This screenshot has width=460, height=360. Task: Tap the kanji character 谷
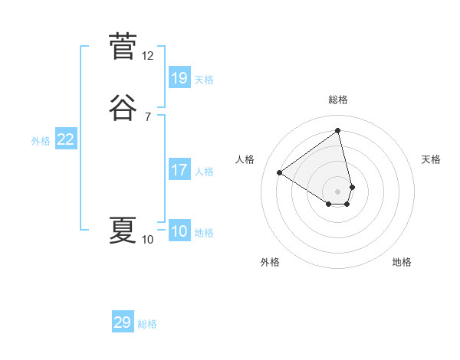[x=123, y=107]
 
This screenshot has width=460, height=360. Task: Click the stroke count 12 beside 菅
[x=148, y=56]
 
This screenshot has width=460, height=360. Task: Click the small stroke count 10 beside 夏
[x=148, y=240]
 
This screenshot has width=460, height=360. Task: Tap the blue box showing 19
[x=179, y=78]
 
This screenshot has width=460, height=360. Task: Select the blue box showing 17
[x=179, y=170]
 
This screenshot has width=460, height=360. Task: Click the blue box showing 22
[x=66, y=139]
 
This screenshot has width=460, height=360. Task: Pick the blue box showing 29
[x=123, y=322]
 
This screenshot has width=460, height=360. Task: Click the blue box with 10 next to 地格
[x=179, y=231]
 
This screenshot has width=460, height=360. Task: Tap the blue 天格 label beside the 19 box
[x=204, y=80]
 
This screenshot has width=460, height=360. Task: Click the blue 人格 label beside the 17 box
[x=204, y=172]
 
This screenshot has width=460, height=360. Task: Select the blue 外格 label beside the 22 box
[x=41, y=141]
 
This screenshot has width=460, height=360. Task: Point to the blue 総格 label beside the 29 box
[x=147, y=324]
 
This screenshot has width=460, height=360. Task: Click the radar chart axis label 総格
[x=338, y=100]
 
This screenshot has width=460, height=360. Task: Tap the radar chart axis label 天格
[x=431, y=159]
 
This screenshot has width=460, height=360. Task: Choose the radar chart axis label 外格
[x=270, y=262]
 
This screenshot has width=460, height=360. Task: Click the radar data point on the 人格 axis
[x=280, y=172]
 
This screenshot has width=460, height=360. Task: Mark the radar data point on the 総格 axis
[x=338, y=131]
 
